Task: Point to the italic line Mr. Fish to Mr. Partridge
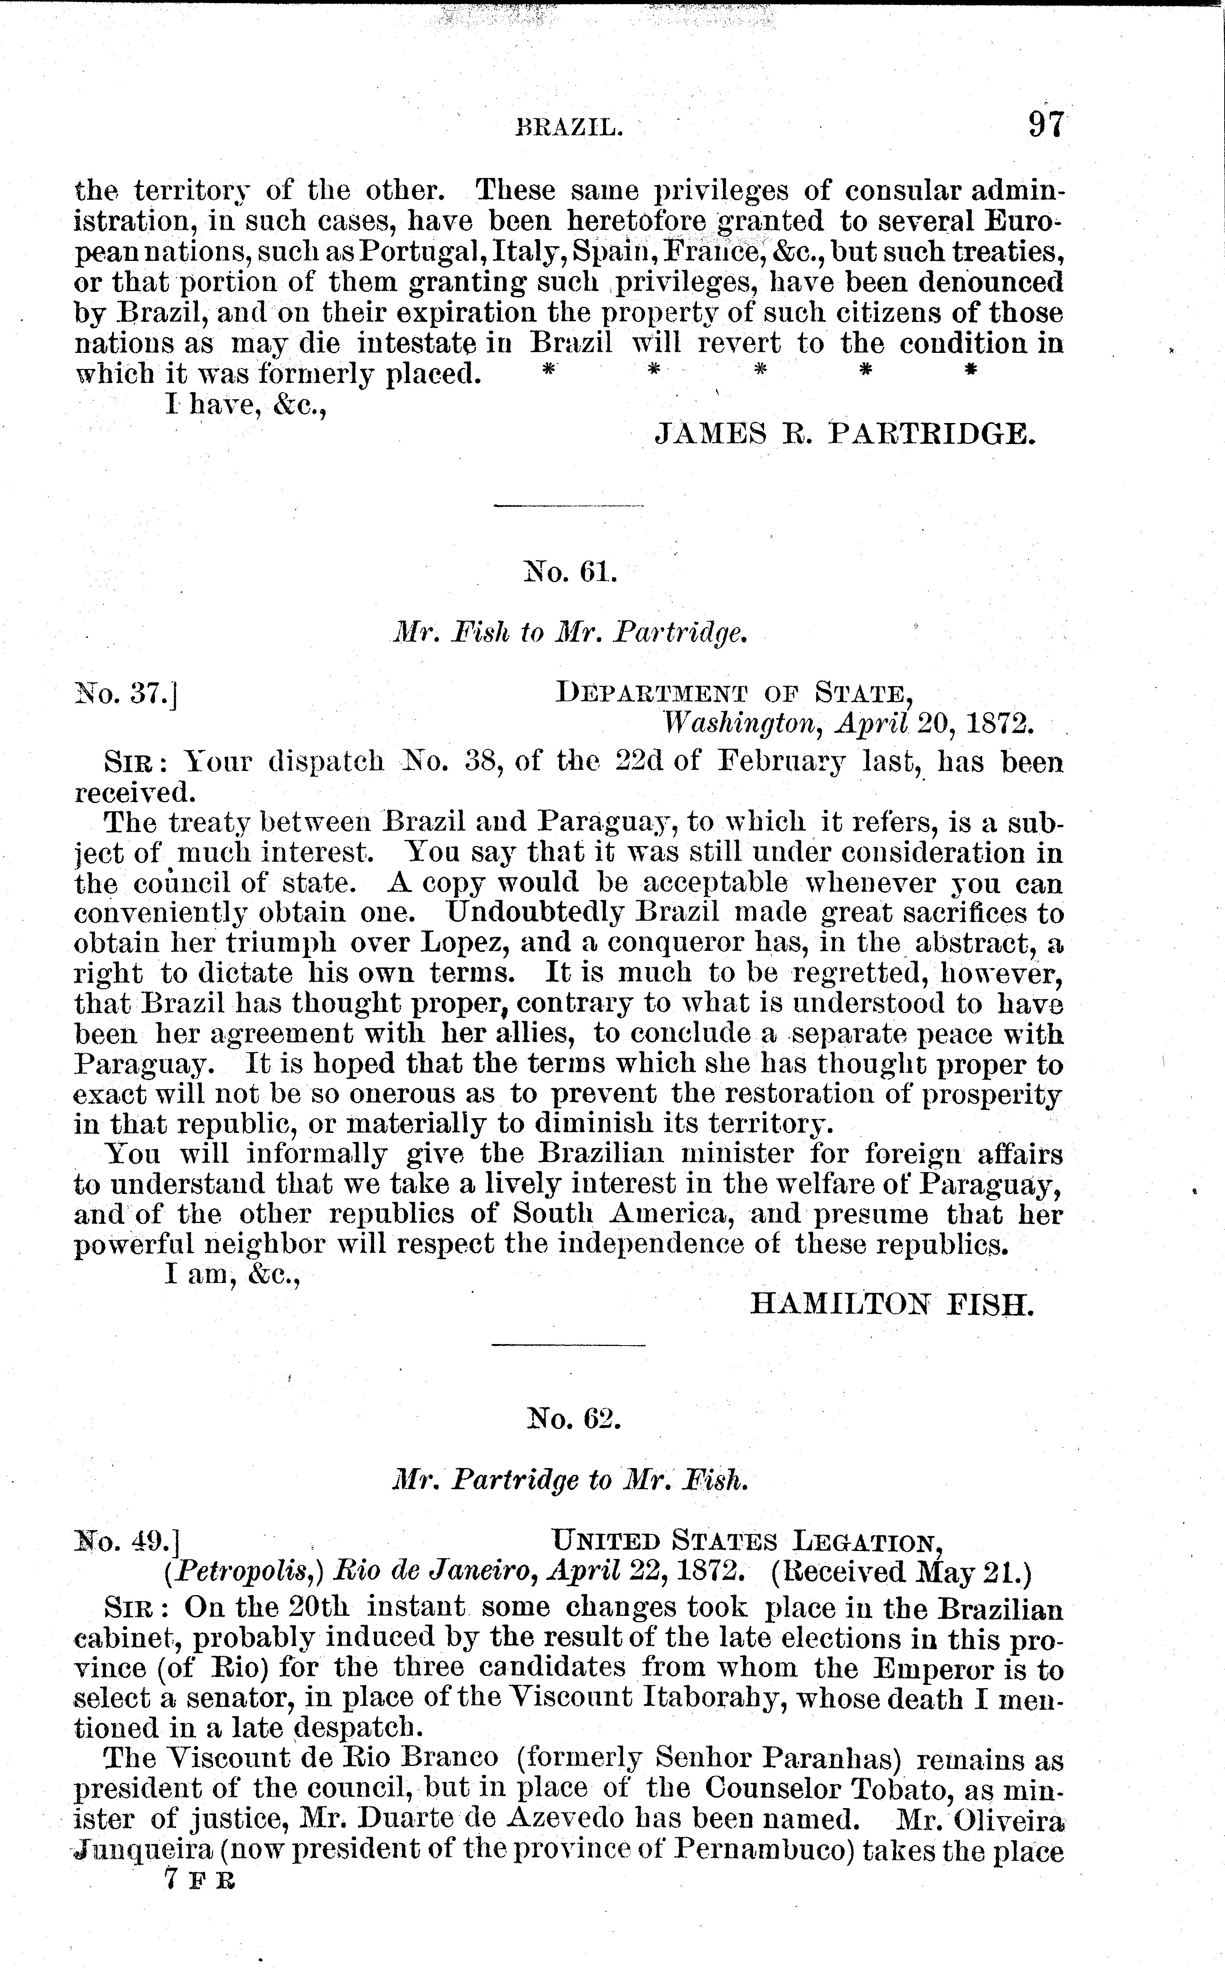tap(570, 633)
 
